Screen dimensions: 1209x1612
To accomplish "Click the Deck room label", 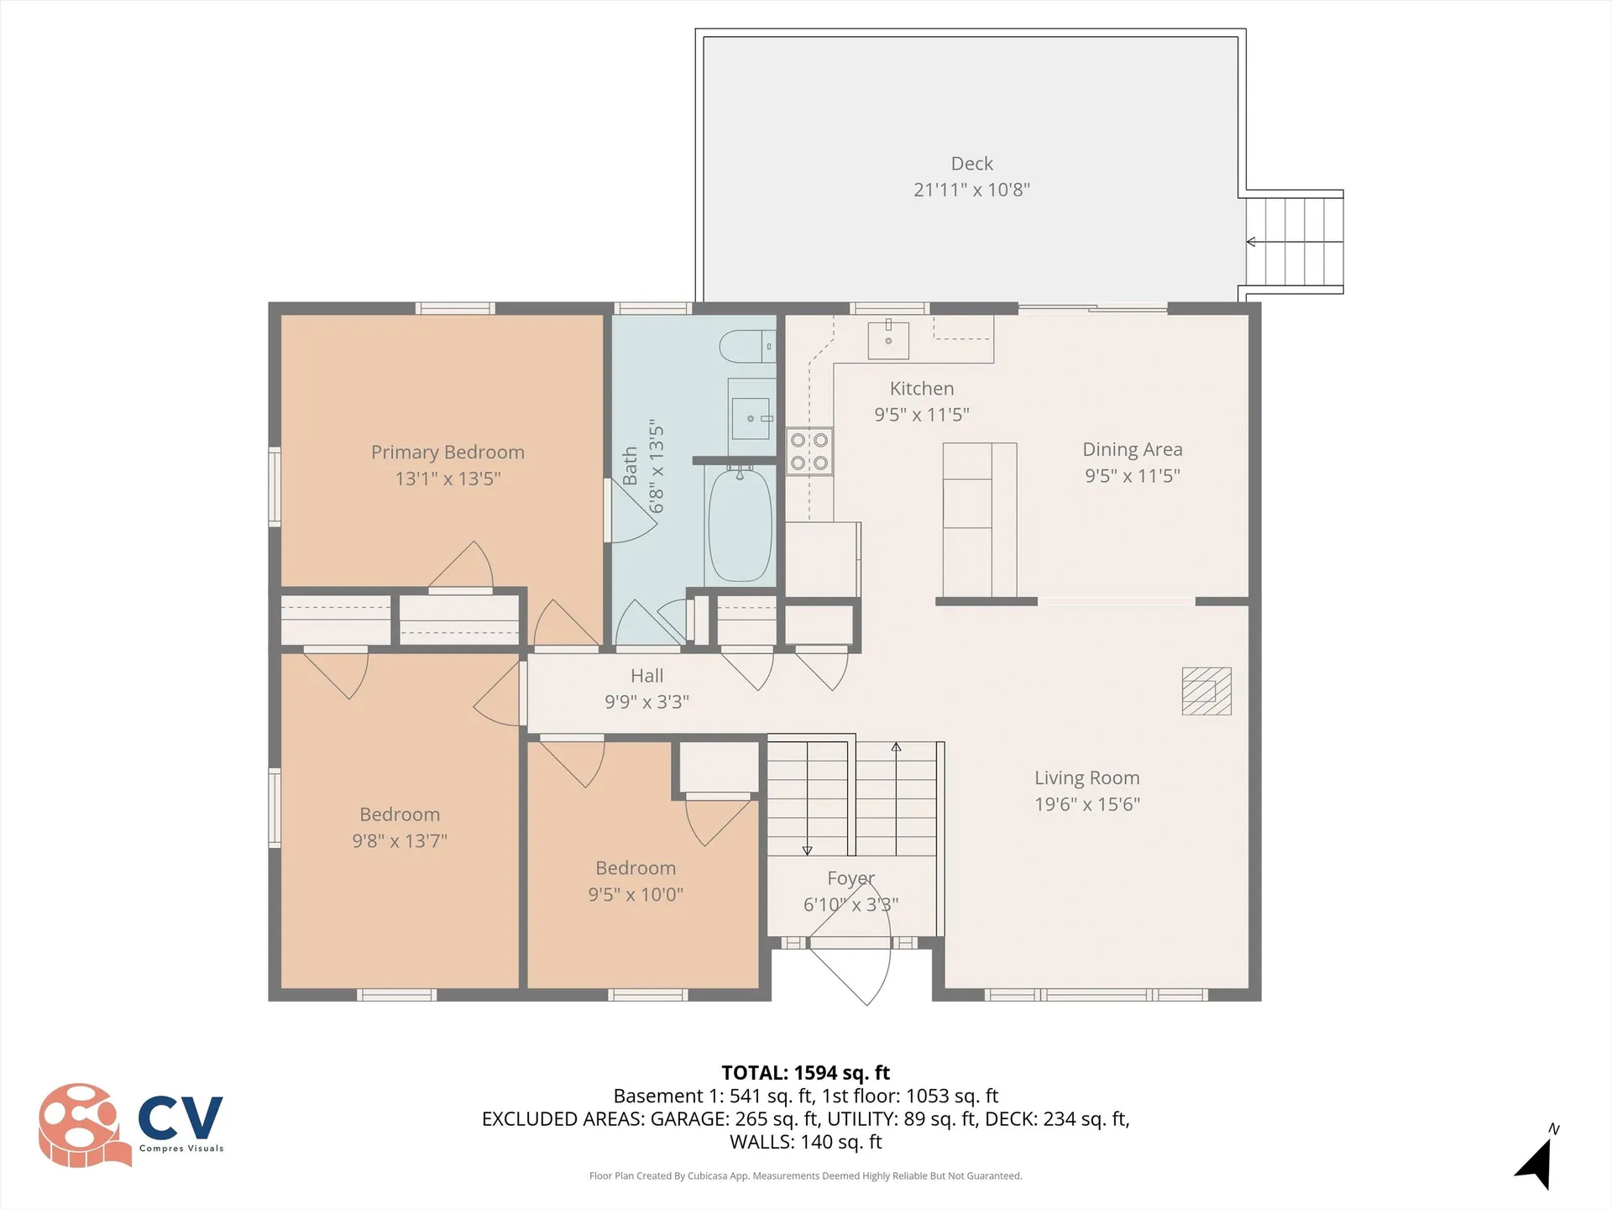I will (971, 164).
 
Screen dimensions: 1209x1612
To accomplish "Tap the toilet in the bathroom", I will (746, 346).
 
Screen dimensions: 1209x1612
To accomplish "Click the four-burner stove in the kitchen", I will (809, 452).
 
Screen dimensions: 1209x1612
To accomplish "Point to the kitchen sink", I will (888, 339).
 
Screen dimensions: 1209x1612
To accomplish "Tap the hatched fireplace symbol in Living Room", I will (1206, 691).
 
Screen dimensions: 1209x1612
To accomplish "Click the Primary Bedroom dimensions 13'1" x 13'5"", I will (447, 479).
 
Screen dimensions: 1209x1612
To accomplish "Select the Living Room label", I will (1086, 778).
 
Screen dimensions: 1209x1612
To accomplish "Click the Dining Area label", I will (1132, 450).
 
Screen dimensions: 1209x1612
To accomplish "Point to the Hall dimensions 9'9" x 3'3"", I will (646, 702).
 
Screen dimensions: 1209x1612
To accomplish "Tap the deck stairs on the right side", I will (1294, 242).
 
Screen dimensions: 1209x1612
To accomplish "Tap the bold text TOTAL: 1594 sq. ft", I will (805, 1073).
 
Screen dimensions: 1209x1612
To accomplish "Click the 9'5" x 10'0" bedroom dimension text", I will (636, 895).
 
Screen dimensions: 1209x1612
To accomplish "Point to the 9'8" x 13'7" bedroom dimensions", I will (400, 841).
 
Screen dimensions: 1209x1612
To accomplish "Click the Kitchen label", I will (921, 389).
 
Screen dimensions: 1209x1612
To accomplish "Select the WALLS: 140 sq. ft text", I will (805, 1142).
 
